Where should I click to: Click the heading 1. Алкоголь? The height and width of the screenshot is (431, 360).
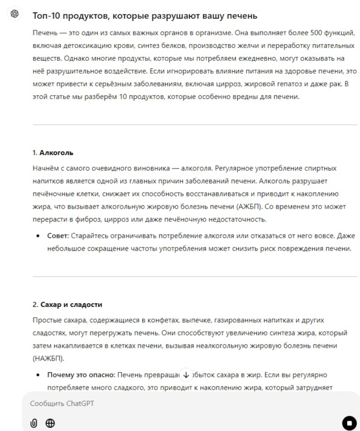(54, 152)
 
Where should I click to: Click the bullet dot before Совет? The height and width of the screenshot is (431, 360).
(40, 235)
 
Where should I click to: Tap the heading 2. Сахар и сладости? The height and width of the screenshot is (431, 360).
(67, 303)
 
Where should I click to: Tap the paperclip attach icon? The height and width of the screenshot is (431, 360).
(34, 423)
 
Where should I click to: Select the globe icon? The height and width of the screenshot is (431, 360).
(50, 423)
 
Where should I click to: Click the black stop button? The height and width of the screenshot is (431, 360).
(349, 422)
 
